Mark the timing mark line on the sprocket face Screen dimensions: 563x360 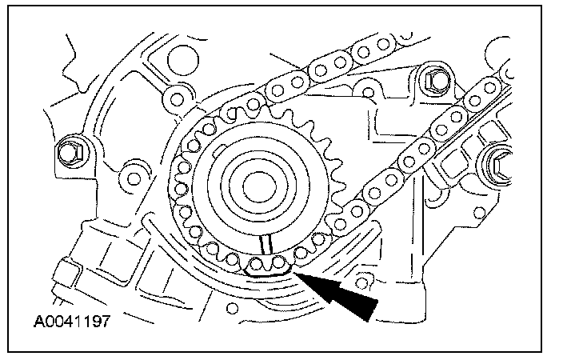click(x=269, y=245)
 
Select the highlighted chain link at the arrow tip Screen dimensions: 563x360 click(x=269, y=266)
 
